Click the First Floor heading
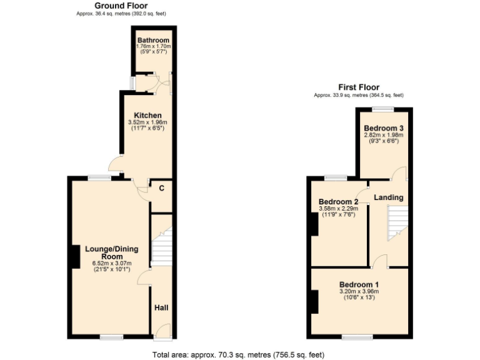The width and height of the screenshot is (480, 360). click(359, 87)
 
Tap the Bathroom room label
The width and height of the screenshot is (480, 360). click(153, 41)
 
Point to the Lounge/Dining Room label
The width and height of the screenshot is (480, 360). click(111, 252)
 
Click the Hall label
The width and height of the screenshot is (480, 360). click(162, 308)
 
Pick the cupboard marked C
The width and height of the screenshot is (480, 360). click(161, 188)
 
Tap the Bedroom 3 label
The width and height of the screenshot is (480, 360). click(384, 128)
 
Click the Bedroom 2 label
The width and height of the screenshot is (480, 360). click(338, 202)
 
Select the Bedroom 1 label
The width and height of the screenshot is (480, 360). click(359, 284)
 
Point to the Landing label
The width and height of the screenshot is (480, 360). click(388, 197)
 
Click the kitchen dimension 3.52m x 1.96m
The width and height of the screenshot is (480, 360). click(149, 122)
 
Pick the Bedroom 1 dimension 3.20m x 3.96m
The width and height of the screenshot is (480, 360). click(359, 291)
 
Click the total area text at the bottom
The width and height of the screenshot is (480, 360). click(238, 354)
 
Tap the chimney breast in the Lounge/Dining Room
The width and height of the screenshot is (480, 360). click(73, 256)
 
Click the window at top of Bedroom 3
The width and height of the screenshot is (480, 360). click(384, 109)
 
